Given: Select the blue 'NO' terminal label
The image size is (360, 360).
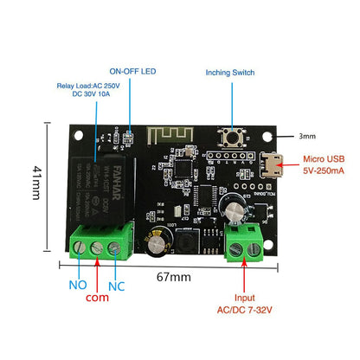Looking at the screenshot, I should pos(78,285).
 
